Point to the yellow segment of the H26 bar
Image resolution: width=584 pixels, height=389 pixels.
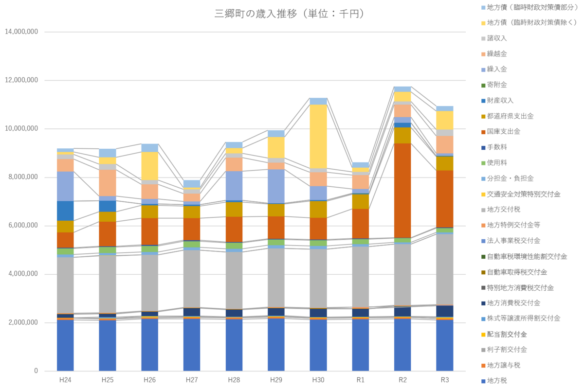[150, 166]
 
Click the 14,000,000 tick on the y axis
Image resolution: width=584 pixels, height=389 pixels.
[21, 32]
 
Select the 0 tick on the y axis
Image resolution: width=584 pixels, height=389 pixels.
[36, 371]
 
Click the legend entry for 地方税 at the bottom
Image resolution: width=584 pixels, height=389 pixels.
[497, 381]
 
